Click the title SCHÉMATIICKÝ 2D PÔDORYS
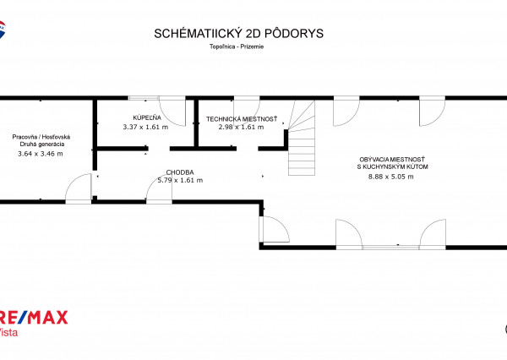tap(238, 34)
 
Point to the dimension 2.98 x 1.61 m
tap(241, 128)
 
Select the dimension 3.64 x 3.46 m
tap(40, 154)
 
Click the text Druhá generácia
tap(40, 145)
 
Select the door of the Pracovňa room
tap(79, 188)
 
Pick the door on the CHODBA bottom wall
tap(161, 188)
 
